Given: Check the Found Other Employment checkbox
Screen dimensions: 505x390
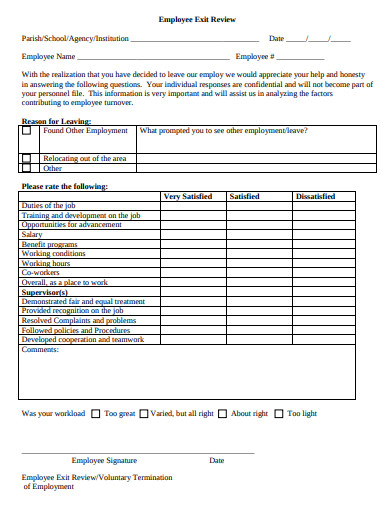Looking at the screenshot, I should [x=27, y=132].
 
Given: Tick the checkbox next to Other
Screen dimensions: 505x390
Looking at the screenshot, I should [x=27, y=169].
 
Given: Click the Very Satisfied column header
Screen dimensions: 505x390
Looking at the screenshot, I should [x=187, y=197].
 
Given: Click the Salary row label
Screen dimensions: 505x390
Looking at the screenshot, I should [x=33, y=234].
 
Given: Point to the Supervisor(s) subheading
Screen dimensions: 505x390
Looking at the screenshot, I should [x=47, y=291].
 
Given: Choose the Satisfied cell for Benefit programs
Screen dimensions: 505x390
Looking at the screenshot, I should [x=256, y=244].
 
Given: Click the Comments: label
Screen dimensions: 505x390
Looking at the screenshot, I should [x=40, y=350].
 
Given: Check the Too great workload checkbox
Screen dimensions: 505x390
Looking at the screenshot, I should [x=96, y=413].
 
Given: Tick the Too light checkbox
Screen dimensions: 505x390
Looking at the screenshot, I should [x=280, y=413].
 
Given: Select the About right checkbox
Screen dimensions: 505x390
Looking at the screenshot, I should [x=223, y=413].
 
